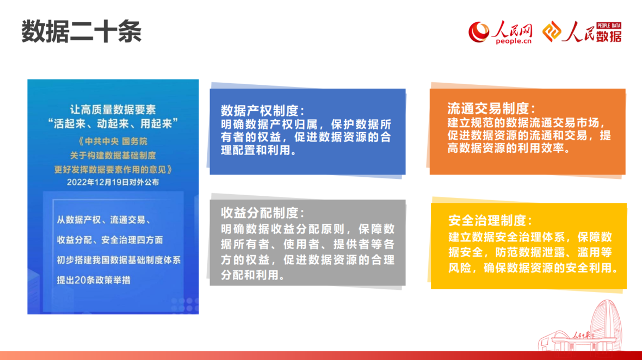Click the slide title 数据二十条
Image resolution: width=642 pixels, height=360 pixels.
tap(81, 32)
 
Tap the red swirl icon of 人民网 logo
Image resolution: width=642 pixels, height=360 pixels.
tap(479, 32)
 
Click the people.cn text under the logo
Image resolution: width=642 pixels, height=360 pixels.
tap(514, 41)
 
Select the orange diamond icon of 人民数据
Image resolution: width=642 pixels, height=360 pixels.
tap(552, 32)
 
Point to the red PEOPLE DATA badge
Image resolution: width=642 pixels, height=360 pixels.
tap(609, 26)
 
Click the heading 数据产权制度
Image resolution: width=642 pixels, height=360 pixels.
tap(262, 110)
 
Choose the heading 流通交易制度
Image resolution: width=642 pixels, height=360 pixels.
tap(491, 108)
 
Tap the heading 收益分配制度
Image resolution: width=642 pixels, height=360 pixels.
tap(262, 213)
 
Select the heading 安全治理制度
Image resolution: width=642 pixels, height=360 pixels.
tap(490, 220)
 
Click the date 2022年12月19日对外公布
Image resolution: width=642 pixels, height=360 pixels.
tap(113, 182)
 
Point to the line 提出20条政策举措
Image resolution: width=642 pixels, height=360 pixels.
tap(94, 280)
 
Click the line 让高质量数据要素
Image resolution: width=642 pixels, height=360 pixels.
tap(113, 110)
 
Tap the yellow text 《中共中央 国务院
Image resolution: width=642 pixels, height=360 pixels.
tap(113, 141)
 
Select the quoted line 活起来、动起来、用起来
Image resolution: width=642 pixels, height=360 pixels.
tap(113, 123)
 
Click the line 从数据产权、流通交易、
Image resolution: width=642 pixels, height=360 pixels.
tap(104, 220)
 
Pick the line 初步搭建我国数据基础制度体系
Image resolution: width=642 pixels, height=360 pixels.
tap(119, 260)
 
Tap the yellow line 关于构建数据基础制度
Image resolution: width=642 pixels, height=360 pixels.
tap(113, 156)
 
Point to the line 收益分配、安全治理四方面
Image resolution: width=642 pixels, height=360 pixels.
tap(110, 240)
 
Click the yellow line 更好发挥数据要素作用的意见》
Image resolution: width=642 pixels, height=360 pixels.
tap(113, 169)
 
